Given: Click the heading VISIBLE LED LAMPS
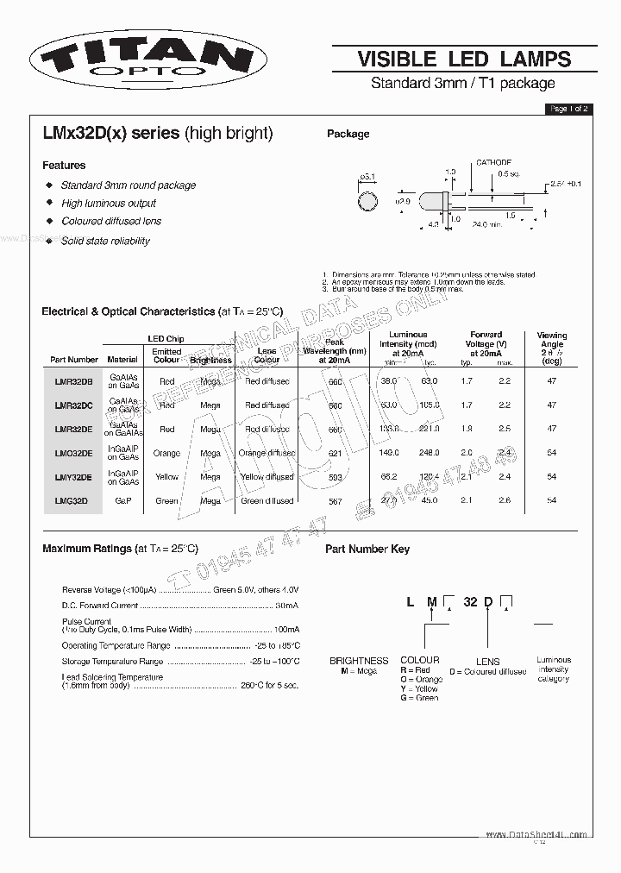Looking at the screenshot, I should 464,59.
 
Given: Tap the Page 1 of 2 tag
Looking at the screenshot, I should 569,109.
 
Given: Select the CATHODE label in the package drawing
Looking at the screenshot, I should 493,162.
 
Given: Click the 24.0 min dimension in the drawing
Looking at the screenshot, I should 486,224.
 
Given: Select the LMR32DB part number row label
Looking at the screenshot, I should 74,380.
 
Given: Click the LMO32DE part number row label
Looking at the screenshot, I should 74,452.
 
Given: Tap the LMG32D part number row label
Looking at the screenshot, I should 72,500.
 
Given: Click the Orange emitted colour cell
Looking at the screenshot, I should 166,453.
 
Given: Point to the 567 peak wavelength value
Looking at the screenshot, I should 335,501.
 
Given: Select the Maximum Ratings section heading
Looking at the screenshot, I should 120,549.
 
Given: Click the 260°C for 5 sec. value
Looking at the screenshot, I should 270,687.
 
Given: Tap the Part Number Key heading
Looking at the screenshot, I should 367,549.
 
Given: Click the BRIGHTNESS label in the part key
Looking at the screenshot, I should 359,661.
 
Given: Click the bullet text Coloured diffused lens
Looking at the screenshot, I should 111,222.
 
